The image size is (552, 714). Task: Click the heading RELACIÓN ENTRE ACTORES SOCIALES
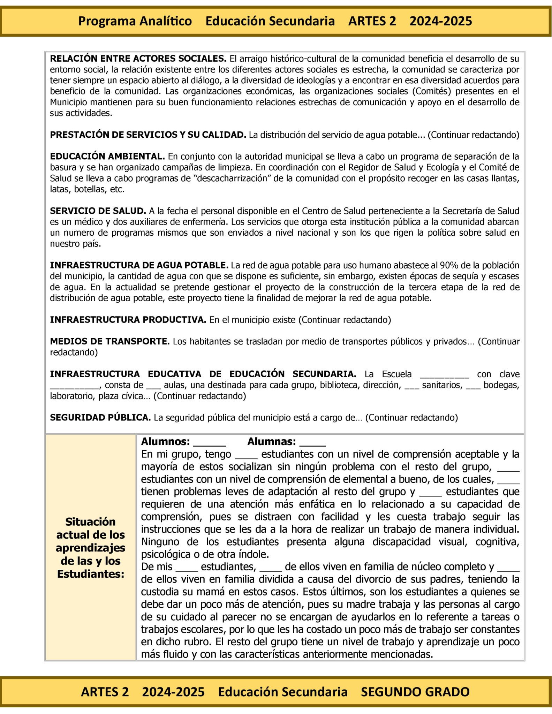click(138, 58)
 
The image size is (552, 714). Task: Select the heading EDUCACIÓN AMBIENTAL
click(107, 156)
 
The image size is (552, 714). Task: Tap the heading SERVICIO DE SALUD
click(98, 211)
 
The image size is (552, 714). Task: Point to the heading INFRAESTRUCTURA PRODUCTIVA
click(128, 320)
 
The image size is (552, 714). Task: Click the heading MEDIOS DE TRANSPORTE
click(109, 341)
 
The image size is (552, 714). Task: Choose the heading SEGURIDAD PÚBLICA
click(100, 417)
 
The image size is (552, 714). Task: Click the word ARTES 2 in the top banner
click(372, 21)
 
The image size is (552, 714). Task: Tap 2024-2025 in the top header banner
click(441, 21)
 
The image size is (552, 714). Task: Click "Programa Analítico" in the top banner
click(135, 21)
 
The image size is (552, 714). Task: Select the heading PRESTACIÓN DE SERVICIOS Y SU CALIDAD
click(148, 135)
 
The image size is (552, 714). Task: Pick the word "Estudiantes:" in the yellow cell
click(91, 574)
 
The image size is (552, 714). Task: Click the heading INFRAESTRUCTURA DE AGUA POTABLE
click(139, 265)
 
